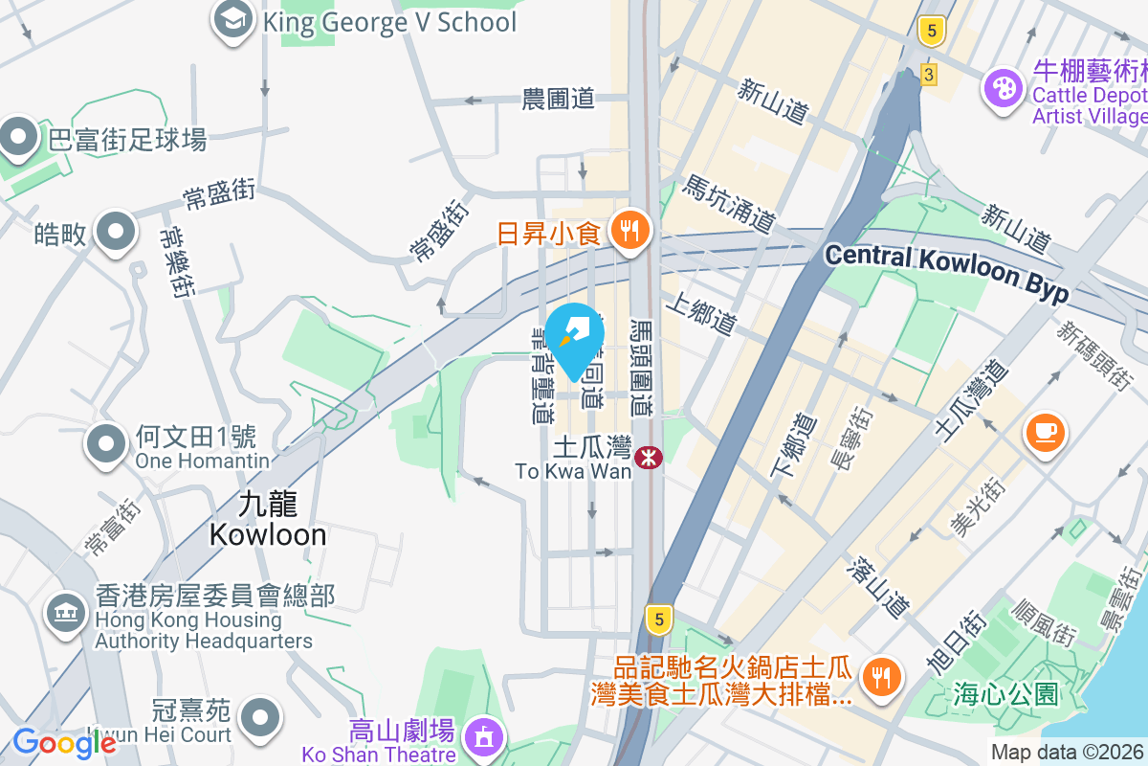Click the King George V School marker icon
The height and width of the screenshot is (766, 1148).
[x=232, y=20]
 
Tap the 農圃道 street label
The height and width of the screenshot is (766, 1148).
[x=558, y=98]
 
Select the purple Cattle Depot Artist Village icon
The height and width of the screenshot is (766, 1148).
[x=1004, y=89]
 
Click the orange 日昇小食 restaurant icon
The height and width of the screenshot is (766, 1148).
[x=629, y=231]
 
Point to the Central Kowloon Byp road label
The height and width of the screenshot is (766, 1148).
[x=946, y=271]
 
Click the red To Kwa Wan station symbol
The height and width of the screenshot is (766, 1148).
[x=650, y=458]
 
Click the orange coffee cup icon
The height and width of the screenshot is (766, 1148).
[x=1047, y=431]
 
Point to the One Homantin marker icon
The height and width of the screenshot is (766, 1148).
[x=107, y=444]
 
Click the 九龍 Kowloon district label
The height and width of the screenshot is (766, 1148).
[x=268, y=520]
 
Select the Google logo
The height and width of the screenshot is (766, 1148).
[x=63, y=742]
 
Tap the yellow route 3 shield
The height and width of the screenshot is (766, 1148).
[x=927, y=75]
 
